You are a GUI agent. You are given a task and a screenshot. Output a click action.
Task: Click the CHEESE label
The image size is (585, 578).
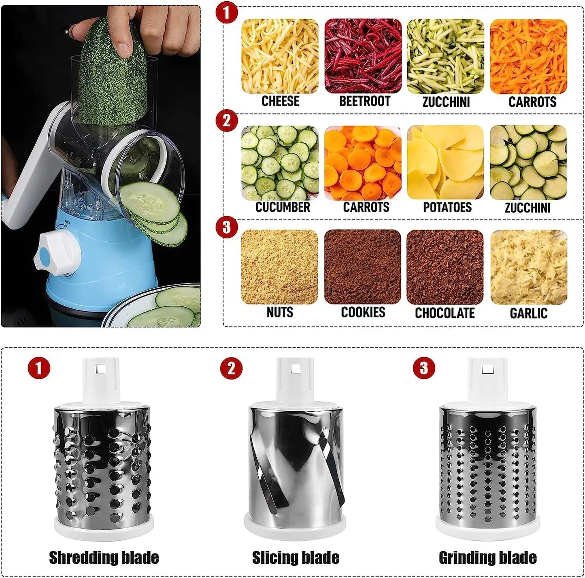[x=280, y=101]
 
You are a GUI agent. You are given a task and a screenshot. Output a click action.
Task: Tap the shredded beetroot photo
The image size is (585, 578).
[x=363, y=56]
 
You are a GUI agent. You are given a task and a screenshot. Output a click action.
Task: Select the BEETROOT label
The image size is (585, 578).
[x=364, y=101]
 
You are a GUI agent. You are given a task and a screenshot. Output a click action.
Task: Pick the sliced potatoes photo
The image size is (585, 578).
[x=445, y=162]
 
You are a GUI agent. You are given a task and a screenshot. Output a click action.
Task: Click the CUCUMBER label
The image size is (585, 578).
[x=283, y=207]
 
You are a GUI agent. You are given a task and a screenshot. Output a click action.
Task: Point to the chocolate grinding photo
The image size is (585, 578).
[x=445, y=267]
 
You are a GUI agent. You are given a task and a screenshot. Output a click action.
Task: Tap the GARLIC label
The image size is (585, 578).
[x=528, y=313]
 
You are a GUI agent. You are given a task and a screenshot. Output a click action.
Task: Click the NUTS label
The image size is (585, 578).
[x=280, y=312]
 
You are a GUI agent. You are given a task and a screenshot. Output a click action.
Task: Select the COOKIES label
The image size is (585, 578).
[x=363, y=312]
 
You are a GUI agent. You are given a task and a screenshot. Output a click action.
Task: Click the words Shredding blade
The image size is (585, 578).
[x=104, y=557]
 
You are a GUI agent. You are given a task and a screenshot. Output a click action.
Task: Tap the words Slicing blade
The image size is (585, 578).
[x=296, y=557]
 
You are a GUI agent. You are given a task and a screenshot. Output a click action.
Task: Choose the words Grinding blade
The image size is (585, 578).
[x=487, y=557]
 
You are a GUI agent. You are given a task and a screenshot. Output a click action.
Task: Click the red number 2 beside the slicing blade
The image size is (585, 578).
[x=231, y=368]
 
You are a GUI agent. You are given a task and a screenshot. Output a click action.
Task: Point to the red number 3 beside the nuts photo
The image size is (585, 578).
[x=227, y=227]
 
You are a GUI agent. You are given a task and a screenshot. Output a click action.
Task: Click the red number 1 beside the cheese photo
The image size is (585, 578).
[x=227, y=13]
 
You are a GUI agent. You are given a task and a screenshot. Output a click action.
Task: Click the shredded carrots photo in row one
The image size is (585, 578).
[x=528, y=56]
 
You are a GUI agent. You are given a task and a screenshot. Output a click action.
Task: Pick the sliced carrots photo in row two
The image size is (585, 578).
[x=363, y=162]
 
